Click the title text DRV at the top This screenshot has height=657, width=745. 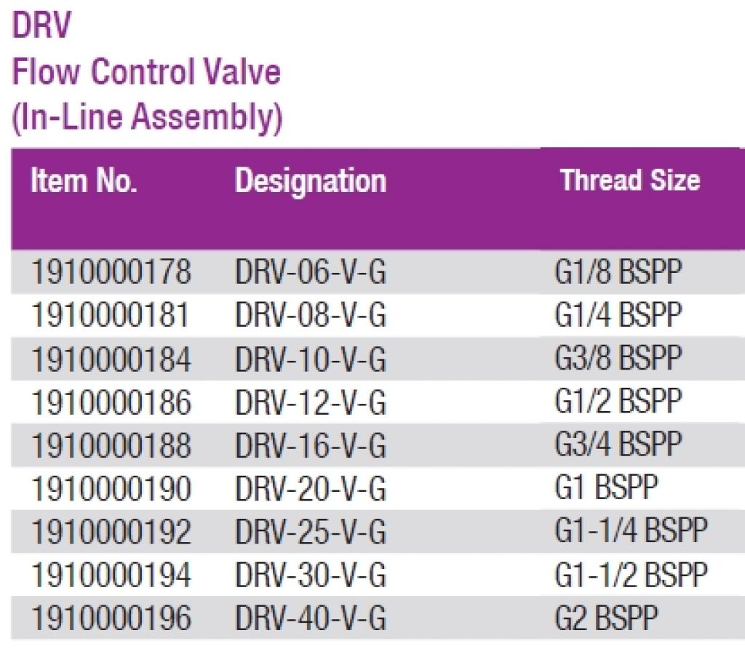point(41,28)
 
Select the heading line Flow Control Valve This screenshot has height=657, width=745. point(146,73)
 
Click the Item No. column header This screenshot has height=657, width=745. point(84,181)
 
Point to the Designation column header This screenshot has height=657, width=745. point(310,181)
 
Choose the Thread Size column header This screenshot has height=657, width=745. point(630,180)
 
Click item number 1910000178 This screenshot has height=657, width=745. point(111,273)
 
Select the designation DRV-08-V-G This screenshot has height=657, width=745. point(310,316)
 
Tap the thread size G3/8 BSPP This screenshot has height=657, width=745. point(618,359)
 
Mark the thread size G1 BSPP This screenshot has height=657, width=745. point(606,488)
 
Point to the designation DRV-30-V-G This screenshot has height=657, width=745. point(310,576)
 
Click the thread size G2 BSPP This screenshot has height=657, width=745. point(606,618)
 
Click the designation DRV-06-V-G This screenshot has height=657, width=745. point(310,273)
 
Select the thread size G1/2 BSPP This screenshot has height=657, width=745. point(618,402)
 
